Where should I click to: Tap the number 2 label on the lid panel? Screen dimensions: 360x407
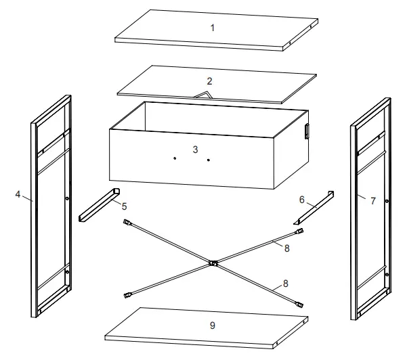point(210,81)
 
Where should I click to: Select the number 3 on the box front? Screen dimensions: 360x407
point(196,149)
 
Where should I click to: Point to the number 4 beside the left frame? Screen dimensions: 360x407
point(17,194)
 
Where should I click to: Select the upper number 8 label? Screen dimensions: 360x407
point(287,249)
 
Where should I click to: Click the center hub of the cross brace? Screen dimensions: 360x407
point(213,263)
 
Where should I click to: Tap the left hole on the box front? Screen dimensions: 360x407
point(175,158)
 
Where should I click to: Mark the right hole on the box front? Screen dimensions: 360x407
point(209,160)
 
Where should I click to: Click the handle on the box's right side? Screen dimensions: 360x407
point(306,131)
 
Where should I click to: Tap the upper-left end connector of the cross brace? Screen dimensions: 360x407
point(126,222)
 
